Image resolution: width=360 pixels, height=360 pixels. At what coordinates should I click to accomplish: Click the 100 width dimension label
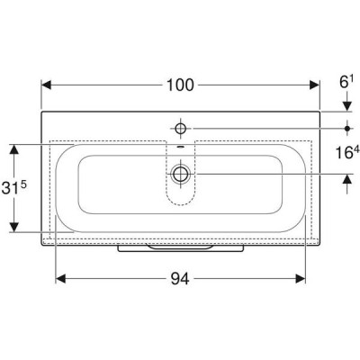[x=180, y=85]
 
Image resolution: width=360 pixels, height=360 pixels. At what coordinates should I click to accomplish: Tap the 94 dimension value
[x=180, y=279]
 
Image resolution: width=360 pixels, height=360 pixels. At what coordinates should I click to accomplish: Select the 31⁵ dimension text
[x=14, y=188]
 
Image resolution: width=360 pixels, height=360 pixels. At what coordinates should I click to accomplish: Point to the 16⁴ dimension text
[x=347, y=152]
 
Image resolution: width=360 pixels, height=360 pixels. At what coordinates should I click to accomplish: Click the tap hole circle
[x=181, y=129]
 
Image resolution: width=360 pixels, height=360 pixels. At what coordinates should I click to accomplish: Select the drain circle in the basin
[x=180, y=174]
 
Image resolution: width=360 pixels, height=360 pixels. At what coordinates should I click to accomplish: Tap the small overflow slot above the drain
[x=180, y=147]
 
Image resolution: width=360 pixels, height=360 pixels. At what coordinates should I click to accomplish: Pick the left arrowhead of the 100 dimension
[x=46, y=85]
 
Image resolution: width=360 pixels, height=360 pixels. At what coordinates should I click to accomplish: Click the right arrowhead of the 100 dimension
[x=315, y=85]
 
